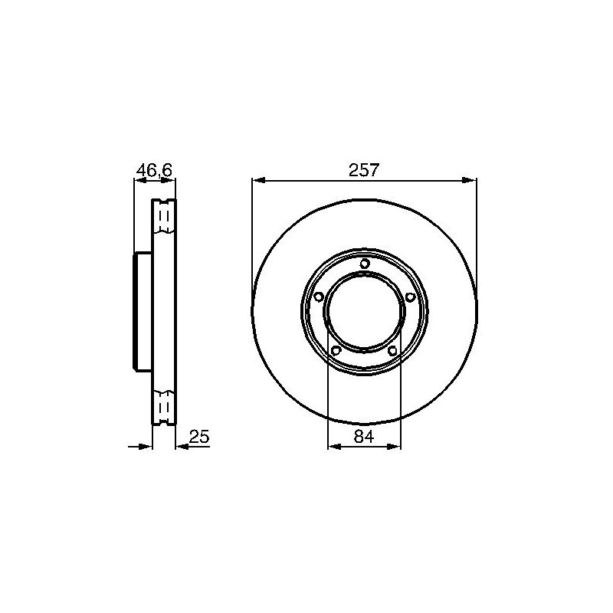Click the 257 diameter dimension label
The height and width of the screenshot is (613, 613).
tap(364, 170)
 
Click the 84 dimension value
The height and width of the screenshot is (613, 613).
tap(363, 436)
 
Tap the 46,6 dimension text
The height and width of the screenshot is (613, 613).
tap(154, 170)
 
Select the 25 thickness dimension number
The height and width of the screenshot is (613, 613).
tap(199, 436)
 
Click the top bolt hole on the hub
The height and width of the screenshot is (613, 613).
tap(365, 263)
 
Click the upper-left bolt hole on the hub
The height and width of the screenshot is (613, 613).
tap(319, 297)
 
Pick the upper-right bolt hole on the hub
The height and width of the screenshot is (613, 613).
tap(410, 297)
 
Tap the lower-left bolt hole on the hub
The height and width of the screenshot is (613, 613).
tap(336, 350)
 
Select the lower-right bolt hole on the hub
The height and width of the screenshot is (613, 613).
tap(393, 350)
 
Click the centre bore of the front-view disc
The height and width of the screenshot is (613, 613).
tap(365, 311)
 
